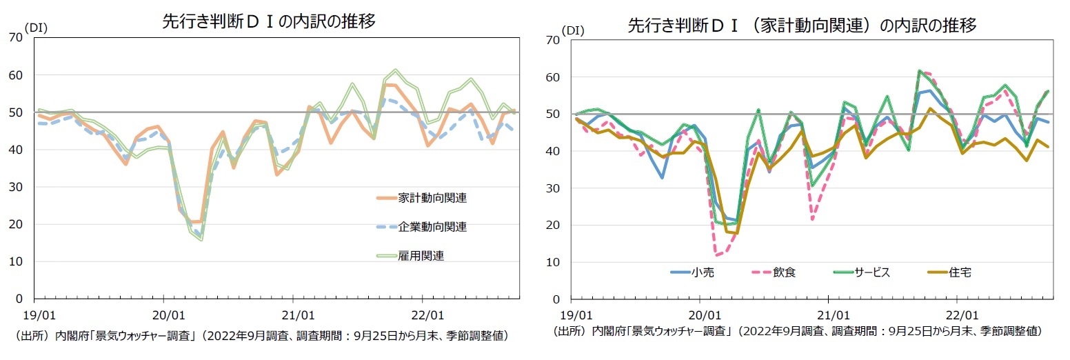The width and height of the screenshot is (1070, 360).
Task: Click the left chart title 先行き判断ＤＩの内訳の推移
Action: point(269,21)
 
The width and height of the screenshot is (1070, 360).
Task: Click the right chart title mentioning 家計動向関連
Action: point(802,26)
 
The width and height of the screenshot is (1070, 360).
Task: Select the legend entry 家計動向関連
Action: point(432,198)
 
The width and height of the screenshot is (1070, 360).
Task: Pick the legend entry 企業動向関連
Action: point(432,226)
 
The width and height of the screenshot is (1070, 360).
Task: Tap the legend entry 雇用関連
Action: point(421,255)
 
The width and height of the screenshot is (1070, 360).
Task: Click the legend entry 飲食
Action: point(785,272)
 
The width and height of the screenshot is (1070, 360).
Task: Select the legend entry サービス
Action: point(872,272)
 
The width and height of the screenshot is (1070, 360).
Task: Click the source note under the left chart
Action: point(262,336)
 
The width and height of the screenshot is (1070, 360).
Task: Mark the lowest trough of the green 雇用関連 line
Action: point(201,240)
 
